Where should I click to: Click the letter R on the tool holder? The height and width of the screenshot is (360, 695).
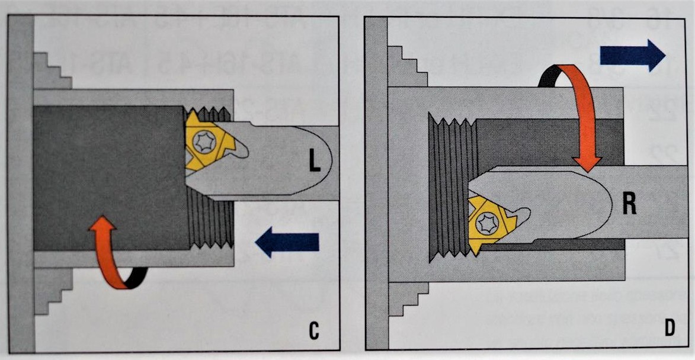coord(629,202)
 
